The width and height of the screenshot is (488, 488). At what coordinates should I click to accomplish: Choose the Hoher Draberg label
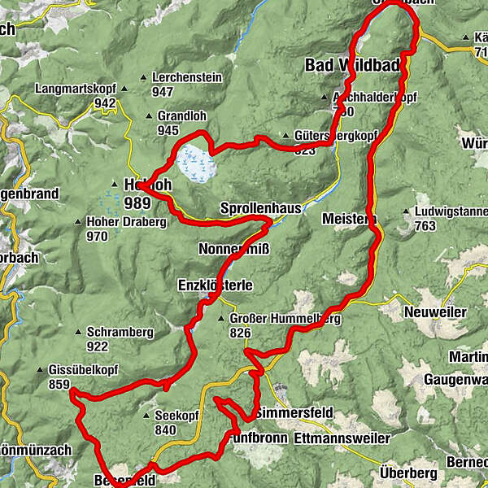(119, 221)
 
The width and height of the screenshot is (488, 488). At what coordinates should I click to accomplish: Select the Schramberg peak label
(119, 332)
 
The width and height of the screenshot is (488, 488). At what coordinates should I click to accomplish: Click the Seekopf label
(177, 415)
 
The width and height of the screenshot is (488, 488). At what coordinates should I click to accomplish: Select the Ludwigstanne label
(450, 211)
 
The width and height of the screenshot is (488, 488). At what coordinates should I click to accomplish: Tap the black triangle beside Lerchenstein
(144, 77)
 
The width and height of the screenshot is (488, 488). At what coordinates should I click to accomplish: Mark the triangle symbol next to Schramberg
(78, 332)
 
